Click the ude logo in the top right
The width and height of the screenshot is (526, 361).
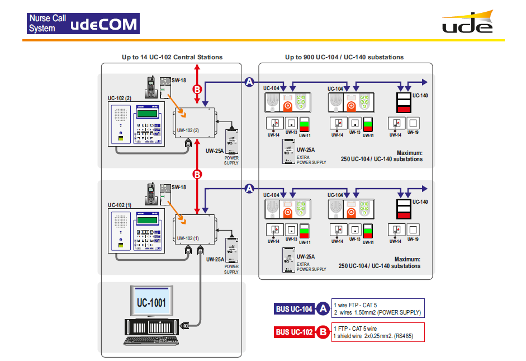pyautogui.click(x=467, y=24)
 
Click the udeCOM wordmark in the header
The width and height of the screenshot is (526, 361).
pyautogui.click(x=105, y=24)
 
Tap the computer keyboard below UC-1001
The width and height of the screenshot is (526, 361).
pyautogui.click(x=147, y=340)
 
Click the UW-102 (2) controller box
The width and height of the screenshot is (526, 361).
pyautogui.click(x=195, y=121)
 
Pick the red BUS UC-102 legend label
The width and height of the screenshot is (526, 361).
pyautogui.click(x=294, y=332)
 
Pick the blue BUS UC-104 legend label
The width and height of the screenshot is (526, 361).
pyautogui.click(x=294, y=309)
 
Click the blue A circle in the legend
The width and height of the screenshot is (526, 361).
pyautogui.click(x=323, y=308)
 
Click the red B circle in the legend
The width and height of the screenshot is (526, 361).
pyautogui.click(x=323, y=332)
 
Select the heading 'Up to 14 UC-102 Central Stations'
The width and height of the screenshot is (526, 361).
pyautogui.click(x=172, y=57)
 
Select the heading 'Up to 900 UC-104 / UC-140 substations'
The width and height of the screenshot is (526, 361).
pyautogui.click(x=344, y=57)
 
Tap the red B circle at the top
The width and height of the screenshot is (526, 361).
pyautogui.click(x=197, y=90)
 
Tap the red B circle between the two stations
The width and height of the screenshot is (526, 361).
pyautogui.click(x=197, y=175)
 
